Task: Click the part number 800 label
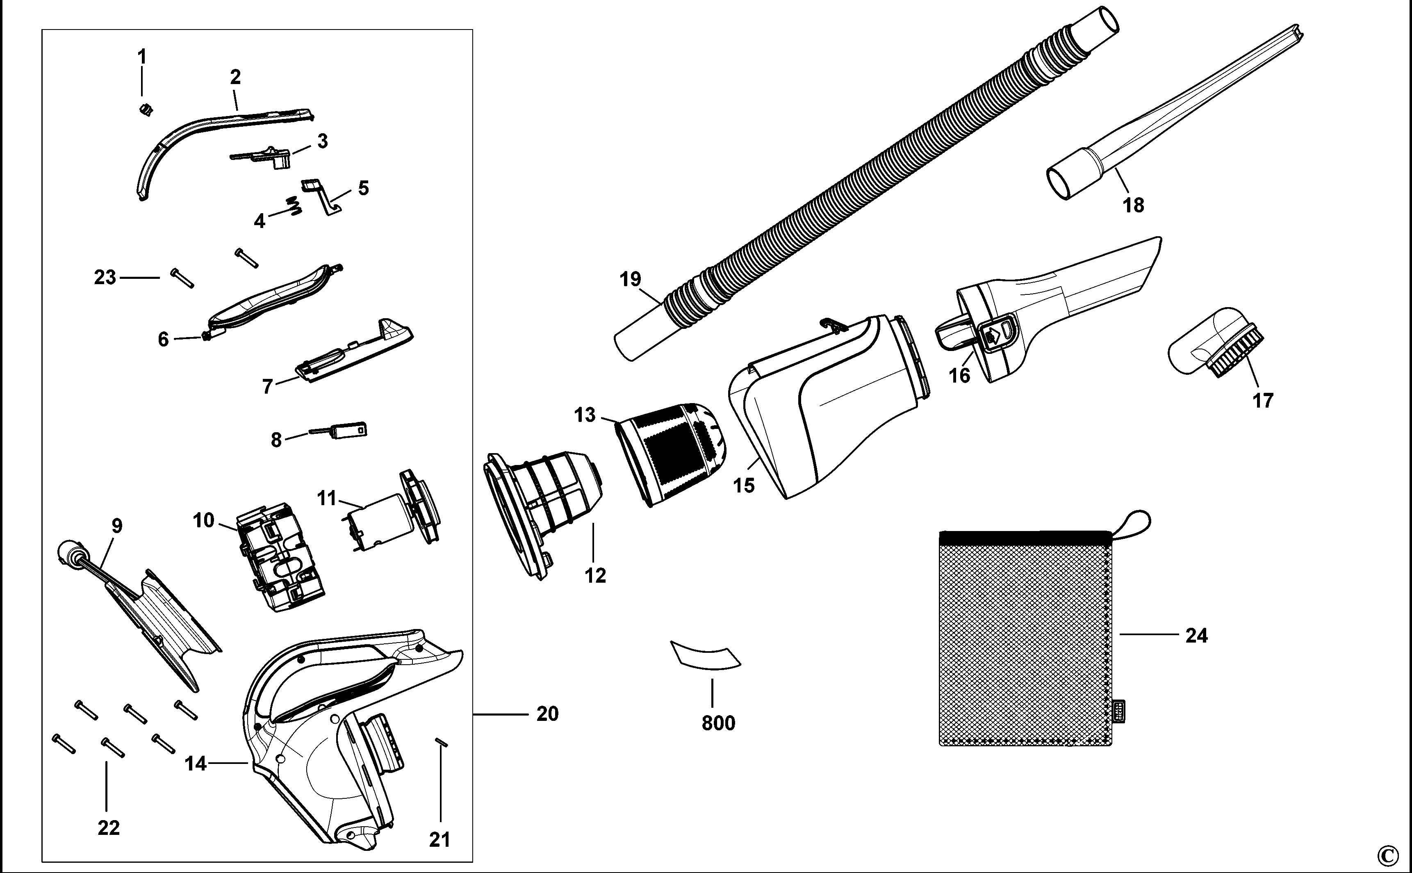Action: [718, 723]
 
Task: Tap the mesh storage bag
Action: [1025, 641]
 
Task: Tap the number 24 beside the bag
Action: [1196, 636]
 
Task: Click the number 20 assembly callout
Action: [547, 714]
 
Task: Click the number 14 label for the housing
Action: [195, 764]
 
